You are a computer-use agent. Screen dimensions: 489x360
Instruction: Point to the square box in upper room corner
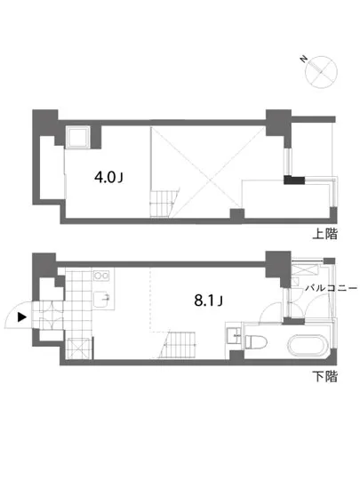pyautogui.click(x=77, y=137)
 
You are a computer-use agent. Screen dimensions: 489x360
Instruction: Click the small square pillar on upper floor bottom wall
pyautogui.click(x=236, y=212)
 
